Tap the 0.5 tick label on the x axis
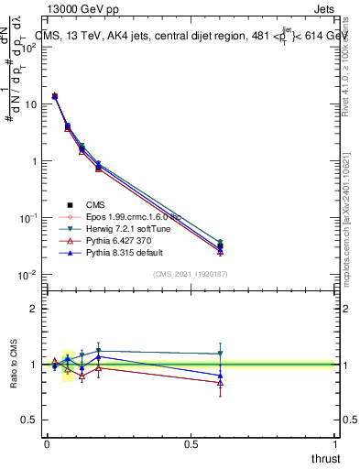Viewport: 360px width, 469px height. click(x=191, y=443)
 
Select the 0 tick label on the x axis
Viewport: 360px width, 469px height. click(x=47, y=443)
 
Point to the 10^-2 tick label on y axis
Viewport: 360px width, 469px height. click(x=24, y=275)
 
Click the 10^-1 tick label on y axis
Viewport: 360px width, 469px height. click(x=24, y=218)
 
